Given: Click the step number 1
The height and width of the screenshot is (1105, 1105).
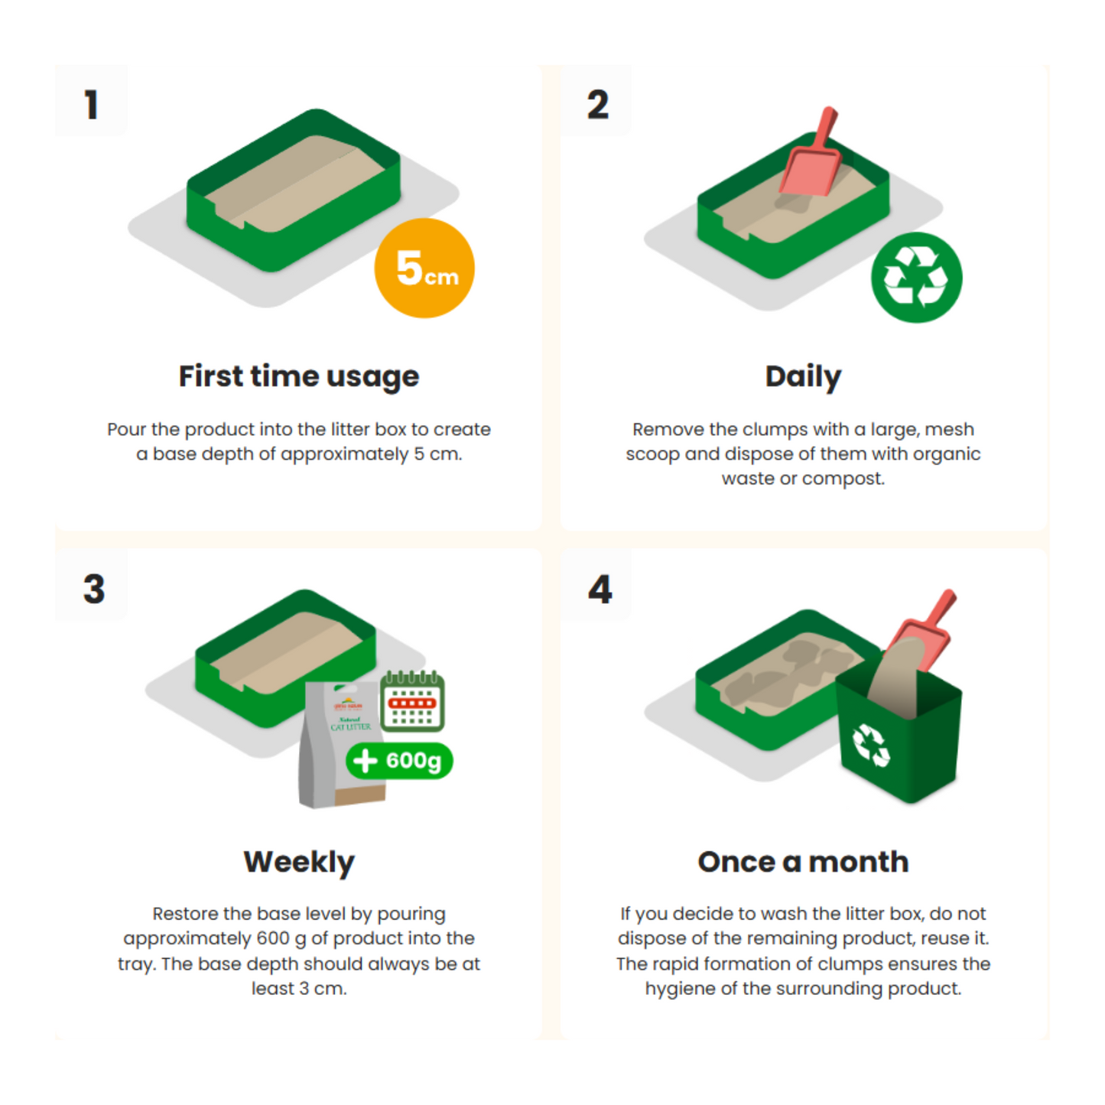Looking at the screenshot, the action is pyautogui.click(x=91, y=104).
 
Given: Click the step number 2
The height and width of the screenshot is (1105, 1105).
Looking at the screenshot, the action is pyautogui.click(x=597, y=104).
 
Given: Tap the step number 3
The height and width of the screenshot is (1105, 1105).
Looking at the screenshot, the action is pyautogui.click(x=94, y=589).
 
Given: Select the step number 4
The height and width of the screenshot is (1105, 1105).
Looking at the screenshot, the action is pyautogui.click(x=600, y=589).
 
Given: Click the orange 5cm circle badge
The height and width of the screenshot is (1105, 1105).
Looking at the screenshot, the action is pyautogui.click(x=424, y=268).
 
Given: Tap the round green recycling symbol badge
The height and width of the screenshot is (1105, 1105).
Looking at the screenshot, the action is pyautogui.click(x=916, y=278).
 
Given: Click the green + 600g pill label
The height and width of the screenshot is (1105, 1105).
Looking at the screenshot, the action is pyautogui.click(x=399, y=761).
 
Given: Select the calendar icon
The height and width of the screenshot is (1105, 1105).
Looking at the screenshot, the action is pyautogui.click(x=412, y=700).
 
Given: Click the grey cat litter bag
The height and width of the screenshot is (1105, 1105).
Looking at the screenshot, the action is pyautogui.click(x=343, y=744).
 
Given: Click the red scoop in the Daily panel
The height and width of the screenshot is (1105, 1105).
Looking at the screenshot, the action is pyautogui.click(x=810, y=152).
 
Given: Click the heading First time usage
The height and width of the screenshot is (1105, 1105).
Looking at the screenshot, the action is pyautogui.click(x=299, y=377).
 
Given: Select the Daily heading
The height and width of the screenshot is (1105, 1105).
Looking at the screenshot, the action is pyautogui.click(x=803, y=377).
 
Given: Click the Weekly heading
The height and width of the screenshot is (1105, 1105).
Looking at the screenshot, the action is pyautogui.click(x=299, y=862).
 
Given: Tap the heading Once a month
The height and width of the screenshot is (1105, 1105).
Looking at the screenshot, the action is pyautogui.click(x=803, y=862).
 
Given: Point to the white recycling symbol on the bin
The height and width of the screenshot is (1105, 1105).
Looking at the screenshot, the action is pyautogui.click(x=871, y=745).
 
